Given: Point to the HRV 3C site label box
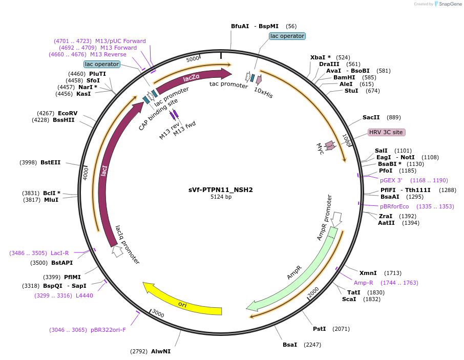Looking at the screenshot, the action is click(387, 132).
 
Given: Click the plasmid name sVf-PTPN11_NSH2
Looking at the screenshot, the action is click(220, 190).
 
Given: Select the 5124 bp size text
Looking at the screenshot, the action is click(221, 197).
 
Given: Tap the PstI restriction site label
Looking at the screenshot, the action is click(319, 329).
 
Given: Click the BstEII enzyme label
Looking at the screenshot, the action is click(50, 162).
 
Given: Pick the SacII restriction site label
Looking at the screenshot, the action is click(371, 117).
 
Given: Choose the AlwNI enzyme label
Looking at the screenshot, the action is click(161, 351).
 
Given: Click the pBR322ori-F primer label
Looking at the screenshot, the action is click(108, 330).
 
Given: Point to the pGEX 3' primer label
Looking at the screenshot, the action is click(391, 180).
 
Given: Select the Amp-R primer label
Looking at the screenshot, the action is click(364, 283).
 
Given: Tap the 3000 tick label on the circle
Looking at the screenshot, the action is click(158, 313).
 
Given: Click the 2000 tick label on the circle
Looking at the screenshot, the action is click(313, 292).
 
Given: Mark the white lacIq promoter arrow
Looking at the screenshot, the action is click(117, 251).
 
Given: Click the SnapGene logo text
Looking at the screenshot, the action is click(450, 4).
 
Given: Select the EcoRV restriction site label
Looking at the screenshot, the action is click(68, 113).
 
